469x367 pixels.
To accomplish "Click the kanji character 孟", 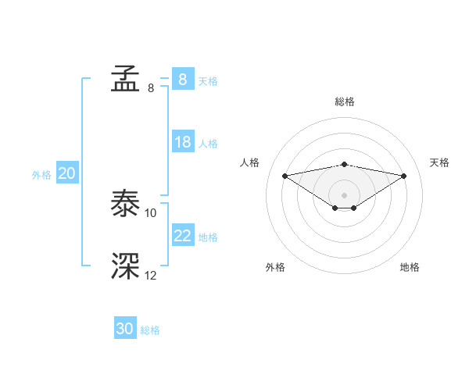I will tap(125, 79).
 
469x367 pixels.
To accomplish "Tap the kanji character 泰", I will tap(125, 204).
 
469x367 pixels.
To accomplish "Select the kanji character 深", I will tap(125, 266).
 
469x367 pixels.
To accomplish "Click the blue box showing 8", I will tap(182, 79).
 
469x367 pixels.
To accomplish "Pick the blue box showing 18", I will tap(183, 142).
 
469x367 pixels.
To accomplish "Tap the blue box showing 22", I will tap(183, 236).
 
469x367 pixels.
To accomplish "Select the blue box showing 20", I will tap(66, 174).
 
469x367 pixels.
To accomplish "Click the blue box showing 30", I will tap(125, 329).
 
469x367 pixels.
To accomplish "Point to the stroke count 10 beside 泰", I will tap(151, 212).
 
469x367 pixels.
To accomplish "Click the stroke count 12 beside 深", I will tap(151, 275).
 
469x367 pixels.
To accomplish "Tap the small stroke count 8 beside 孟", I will tap(151, 87).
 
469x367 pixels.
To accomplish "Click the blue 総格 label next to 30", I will tap(150, 330).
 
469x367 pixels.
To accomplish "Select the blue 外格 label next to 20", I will tap(41, 175).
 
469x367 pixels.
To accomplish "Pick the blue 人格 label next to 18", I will tap(208, 144).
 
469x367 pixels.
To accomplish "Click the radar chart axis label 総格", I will tap(344, 102).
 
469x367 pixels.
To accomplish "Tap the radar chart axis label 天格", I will tap(440, 162).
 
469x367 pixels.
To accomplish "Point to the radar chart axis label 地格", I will tap(410, 267).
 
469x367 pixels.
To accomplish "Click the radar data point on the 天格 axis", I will tap(404, 176).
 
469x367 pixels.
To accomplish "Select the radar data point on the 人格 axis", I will tap(285, 176).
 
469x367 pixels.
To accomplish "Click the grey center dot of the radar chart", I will tap(344, 194).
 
